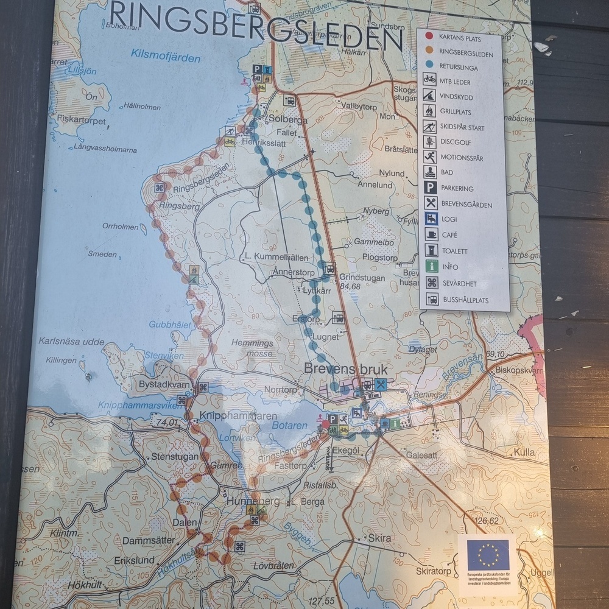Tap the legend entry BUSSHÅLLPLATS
(465, 300)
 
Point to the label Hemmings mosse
(252, 348)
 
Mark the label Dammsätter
(149, 540)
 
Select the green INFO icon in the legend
(431, 267)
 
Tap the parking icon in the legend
(431, 188)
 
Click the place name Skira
(379, 538)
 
